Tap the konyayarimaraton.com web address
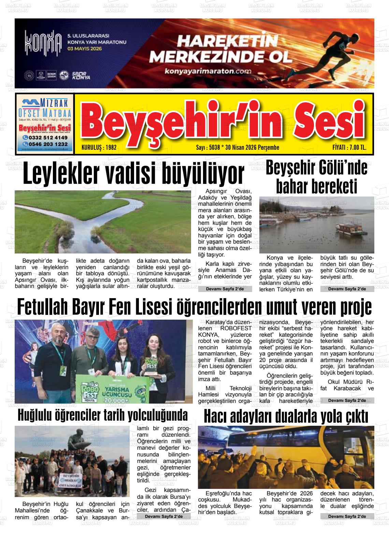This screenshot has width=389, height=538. coord(208,72)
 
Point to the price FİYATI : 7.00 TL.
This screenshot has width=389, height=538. coord(349,148)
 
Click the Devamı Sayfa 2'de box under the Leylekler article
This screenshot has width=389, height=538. coord(225,289)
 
